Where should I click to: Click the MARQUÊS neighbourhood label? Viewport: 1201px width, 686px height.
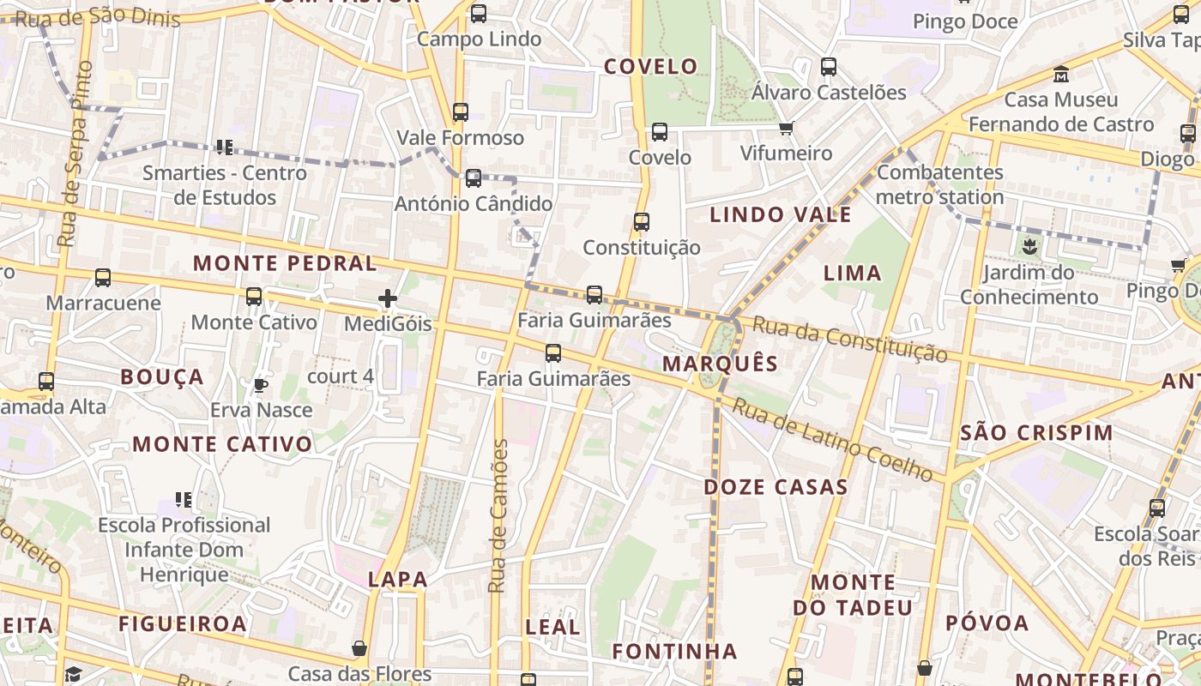pyautogui.click(x=721, y=364)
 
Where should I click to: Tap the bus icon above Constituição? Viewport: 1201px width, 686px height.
pyautogui.click(x=642, y=222)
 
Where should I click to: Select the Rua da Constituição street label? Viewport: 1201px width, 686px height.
pyautogui.click(x=850, y=339)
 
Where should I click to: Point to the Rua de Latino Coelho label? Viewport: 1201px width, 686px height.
pyautogui.click(x=832, y=441)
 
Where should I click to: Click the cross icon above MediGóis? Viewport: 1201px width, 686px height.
pyautogui.click(x=388, y=298)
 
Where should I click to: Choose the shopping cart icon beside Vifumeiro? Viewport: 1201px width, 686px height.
pyautogui.click(x=787, y=129)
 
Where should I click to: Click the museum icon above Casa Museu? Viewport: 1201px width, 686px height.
pyautogui.click(x=1061, y=74)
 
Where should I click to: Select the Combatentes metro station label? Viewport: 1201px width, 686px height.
pyautogui.click(x=940, y=184)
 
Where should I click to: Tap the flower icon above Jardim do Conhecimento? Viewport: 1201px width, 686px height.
pyautogui.click(x=1029, y=249)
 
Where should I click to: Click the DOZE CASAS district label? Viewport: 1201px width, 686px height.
pyautogui.click(x=776, y=487)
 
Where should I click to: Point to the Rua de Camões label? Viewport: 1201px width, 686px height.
pyautogui.click(x=498, y=516)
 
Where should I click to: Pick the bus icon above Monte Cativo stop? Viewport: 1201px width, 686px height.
pyautogui.click(x=254, y=297)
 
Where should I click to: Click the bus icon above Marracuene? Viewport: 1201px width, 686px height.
pyautogui.click(x=103, y=278)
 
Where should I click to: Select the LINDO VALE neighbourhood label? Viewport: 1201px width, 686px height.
pyautogui.click(x=781, y=214)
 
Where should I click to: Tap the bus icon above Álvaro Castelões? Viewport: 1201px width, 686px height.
pyautogui.click(x=829, y=67)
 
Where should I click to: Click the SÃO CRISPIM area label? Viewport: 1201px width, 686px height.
pyautogui.click(x=1036, y=433)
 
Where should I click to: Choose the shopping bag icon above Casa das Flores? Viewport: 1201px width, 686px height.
pyautogui.click(x=359, y=648)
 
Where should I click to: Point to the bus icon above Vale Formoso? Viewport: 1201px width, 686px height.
pyautogui.click(x=461, y=112)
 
